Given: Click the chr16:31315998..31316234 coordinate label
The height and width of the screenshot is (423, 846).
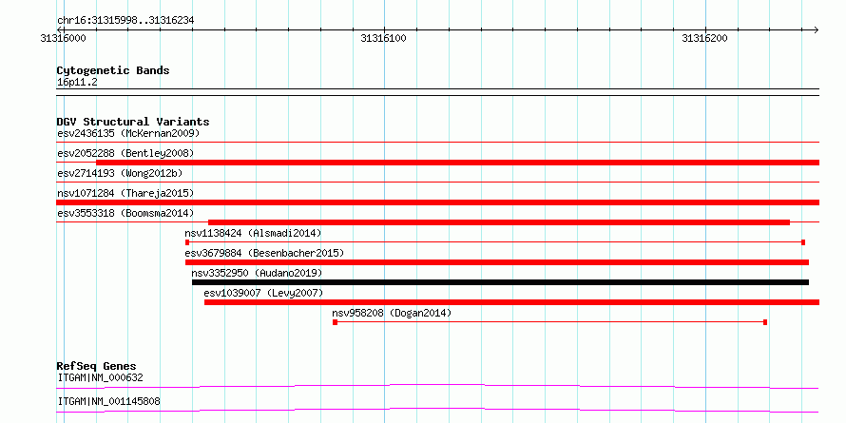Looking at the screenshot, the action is (x=125, y=21).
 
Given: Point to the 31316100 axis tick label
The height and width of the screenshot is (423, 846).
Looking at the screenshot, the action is (x=384, y=38).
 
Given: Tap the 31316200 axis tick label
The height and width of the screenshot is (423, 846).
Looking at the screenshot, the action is (x=704, y=38).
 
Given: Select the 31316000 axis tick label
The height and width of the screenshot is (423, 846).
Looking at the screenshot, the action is (x=63, y=38).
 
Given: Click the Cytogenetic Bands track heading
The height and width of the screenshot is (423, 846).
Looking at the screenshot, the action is (x=113, y=70).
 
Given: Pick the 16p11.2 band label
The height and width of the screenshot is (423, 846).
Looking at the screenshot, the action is (x=77, y=83).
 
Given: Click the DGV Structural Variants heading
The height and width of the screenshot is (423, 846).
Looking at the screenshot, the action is (x=133, y=122).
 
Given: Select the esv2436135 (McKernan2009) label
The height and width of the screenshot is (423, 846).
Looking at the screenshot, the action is (x=128, y=133).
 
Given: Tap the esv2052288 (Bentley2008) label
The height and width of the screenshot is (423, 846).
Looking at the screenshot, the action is (x=125, y=153).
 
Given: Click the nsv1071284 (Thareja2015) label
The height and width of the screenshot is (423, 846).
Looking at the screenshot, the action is (x=125, y=193).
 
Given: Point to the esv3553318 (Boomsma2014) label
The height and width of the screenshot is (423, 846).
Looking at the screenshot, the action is (x=125, y=213).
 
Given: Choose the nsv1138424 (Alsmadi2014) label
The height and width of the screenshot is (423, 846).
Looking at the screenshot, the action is (x=253, y=233).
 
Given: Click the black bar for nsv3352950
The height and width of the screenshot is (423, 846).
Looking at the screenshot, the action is (x=500, y=282).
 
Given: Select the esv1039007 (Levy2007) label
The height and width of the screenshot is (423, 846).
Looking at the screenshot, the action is (x=263, y=293).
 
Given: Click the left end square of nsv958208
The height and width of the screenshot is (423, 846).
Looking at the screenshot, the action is (x=335, y=322).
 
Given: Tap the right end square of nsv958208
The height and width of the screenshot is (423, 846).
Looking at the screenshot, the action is (x=765, y=322).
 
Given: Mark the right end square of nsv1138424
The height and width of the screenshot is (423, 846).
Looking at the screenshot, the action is (x=803, y=242).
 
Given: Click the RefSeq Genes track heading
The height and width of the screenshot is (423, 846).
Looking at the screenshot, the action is (x=97, y=366).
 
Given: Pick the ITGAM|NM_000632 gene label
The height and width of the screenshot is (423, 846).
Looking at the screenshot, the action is (x=101, y=377).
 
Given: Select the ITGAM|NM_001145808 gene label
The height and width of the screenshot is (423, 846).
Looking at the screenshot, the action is (x=108, y=402).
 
